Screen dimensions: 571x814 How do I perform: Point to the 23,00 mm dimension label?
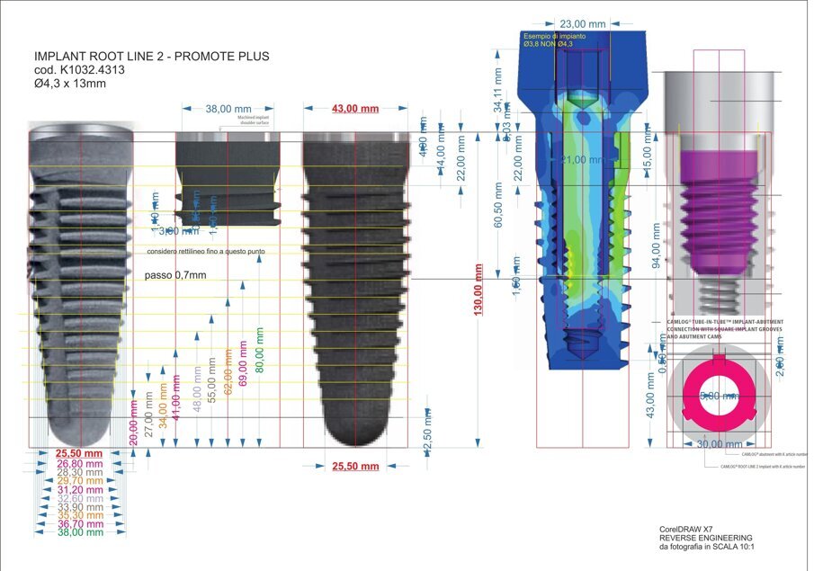[x=582, y=23]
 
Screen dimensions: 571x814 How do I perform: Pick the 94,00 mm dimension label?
[x=656, y=246]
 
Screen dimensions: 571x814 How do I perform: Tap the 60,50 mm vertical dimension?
[x=498, y=206]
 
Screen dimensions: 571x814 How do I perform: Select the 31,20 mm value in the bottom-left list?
[x=80, y=489]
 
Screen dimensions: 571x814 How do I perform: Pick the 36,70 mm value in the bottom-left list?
[x=80, y=523]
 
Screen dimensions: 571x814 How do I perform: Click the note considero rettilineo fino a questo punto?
[x=205, y=252]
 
